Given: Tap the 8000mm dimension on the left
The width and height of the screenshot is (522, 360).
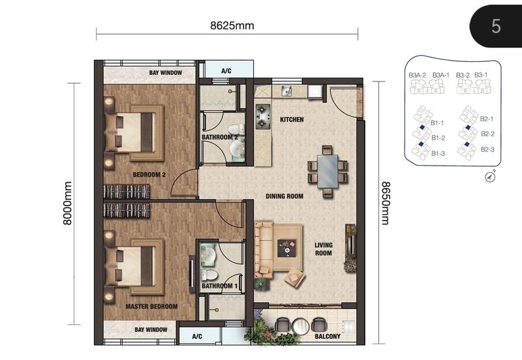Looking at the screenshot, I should (67, 203).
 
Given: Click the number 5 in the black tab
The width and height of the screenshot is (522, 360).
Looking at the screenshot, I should (497, 26).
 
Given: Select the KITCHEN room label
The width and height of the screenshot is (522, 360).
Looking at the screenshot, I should (292, 120).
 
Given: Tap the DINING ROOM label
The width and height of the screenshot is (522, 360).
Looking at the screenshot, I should (284, 196).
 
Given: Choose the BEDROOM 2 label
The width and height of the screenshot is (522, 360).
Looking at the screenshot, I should (150, 175).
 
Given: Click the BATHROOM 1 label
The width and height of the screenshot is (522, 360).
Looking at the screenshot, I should (219, 286).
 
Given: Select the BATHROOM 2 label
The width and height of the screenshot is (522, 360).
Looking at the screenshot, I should (219, 138).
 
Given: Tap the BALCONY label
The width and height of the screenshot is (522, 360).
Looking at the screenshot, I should (326, 337).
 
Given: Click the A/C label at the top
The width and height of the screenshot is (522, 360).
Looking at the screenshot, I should (226, 70).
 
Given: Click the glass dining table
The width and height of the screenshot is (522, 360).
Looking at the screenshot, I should (328, 171).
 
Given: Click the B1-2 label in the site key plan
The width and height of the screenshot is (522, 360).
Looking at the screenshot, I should (438, 138).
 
